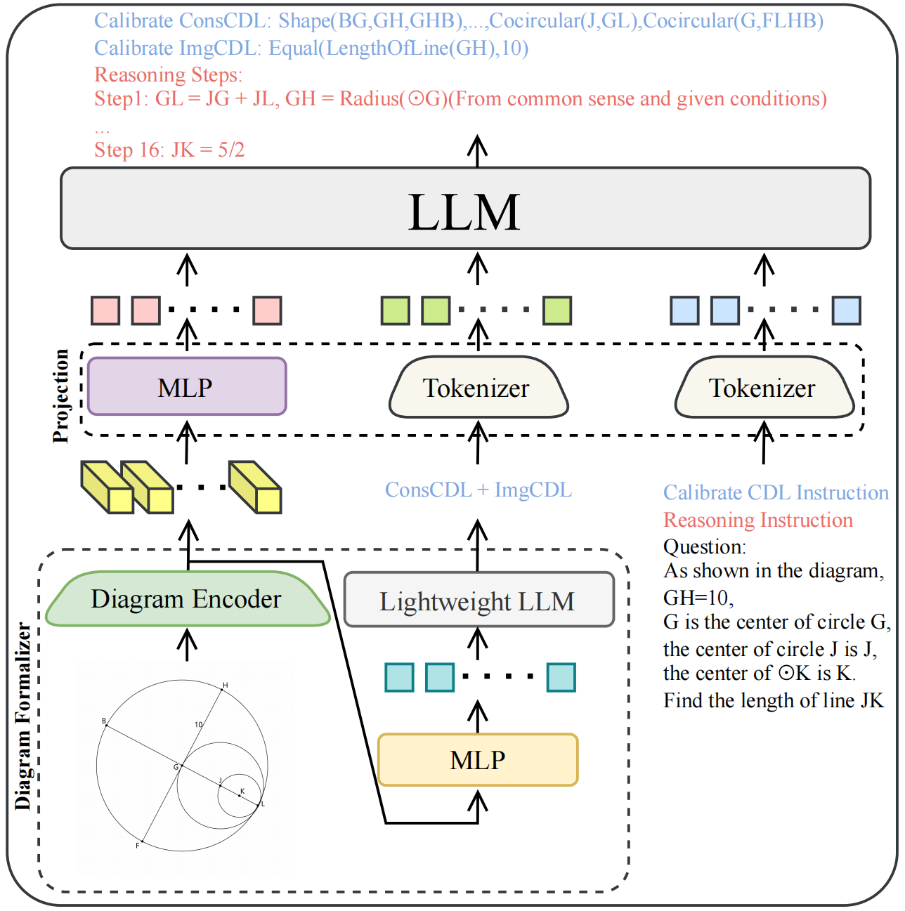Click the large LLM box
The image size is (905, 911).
click(x=465, y=209)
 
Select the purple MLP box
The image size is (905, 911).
click(x=186, y=387)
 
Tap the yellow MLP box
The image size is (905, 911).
click(x=478, y=760)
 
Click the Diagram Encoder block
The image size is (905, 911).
click(x=187, y=599)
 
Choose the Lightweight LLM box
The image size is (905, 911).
click(x=478, y=601)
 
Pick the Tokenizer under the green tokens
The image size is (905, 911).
click(x=477, y=388)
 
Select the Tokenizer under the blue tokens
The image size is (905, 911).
click(x=764, y=388)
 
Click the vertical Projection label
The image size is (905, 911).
click(x=62, y=395)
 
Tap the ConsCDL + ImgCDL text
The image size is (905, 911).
click(x=478, y=490)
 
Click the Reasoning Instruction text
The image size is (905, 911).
click(x=757, y=520)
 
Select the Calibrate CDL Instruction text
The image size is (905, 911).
click(x=776, y=492)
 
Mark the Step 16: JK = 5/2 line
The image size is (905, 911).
click(x=169, y=150)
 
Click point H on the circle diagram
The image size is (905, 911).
click(x=222, y=689)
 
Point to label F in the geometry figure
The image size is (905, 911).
click(x=138, y=845)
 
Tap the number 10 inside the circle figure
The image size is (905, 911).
click(x=198, y=724)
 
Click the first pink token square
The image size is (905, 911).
click(x=105, y=310)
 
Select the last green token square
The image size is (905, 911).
click(x=557, y=310)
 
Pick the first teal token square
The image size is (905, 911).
click(x=400, y=677)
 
